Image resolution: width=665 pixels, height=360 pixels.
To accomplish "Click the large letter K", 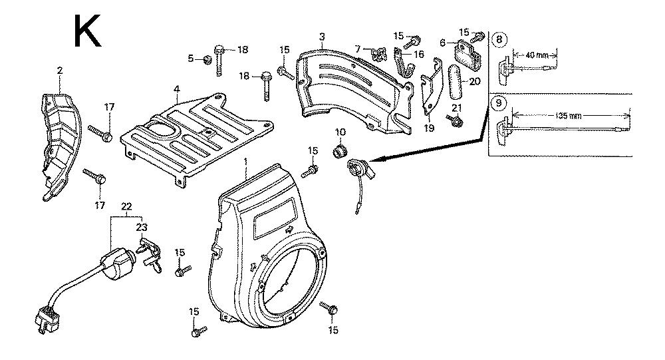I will (x=87, y=31).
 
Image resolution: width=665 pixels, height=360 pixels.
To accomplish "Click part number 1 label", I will (x=245, y=162).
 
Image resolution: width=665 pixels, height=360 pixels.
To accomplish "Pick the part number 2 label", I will (x=59, y=70).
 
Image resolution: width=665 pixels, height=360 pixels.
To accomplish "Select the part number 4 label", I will (x=176, y=89).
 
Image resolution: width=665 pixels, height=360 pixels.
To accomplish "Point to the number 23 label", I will (x=141, y=228).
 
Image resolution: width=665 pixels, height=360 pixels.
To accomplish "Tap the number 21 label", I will (x=456, y=107).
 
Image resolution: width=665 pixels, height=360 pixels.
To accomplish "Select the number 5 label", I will (x=191, y=59).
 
